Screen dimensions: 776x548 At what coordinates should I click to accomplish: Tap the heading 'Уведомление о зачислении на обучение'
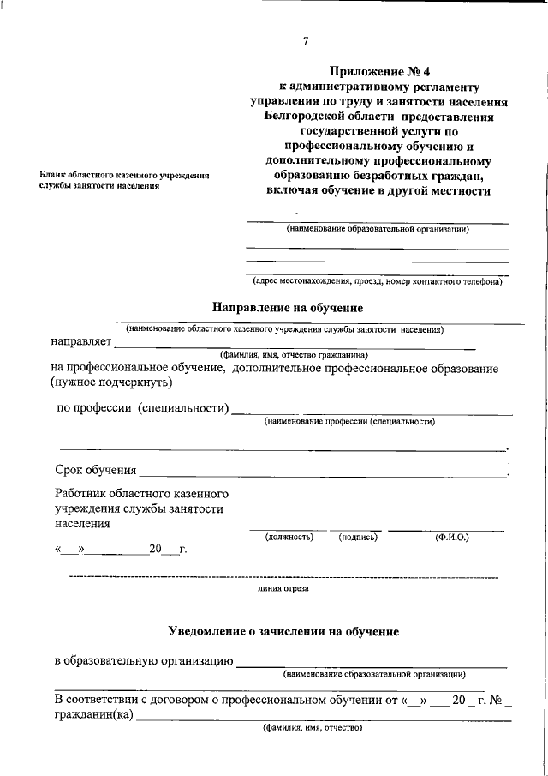283,632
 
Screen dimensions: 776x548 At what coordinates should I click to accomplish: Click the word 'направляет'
80,342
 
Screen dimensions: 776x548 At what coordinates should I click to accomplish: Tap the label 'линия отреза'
283,589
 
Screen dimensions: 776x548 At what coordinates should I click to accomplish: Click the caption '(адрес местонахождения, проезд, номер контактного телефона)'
378,280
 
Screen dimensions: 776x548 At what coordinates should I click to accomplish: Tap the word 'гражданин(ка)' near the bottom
93,715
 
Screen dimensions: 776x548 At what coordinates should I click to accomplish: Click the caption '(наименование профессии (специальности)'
349,421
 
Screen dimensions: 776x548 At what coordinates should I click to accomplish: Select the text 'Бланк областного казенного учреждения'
125,174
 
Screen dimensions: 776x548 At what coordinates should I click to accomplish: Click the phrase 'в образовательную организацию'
144,662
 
